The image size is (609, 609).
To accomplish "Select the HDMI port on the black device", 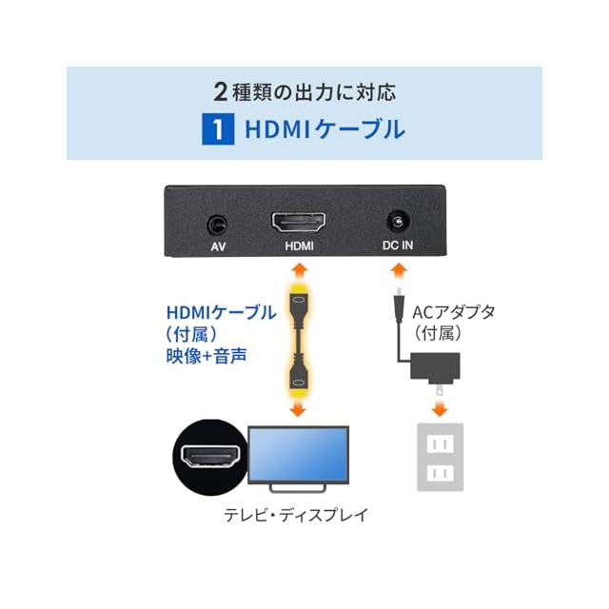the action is coord(300,226).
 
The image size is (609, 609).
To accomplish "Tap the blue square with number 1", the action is coord(218,129).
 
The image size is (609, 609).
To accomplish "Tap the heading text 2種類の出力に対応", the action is coord(304,92).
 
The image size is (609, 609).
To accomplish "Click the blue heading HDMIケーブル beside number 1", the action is coord(324,129).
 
